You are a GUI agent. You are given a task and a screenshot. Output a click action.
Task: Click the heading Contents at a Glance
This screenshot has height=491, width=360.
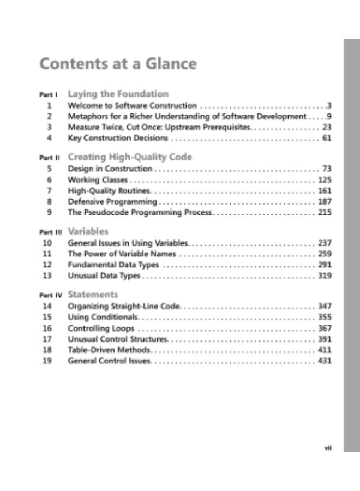coord(118,64)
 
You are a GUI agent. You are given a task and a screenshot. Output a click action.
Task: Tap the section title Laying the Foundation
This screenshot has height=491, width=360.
coord(118,94)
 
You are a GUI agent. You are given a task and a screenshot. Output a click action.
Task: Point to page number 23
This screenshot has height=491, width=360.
coord(327,127)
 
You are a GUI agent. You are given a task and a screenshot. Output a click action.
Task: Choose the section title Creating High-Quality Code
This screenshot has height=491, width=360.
coord(130,157)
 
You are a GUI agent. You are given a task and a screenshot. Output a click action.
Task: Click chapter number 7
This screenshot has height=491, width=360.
coord(49,190)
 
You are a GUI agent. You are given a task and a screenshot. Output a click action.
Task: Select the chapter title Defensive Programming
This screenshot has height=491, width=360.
coord(112,201)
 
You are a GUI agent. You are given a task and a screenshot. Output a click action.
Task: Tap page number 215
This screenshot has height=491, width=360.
coord(325,212)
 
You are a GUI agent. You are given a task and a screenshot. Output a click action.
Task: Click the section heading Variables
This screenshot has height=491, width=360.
coord(88,231)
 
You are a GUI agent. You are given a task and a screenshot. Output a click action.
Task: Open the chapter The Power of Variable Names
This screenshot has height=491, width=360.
coord(122,254)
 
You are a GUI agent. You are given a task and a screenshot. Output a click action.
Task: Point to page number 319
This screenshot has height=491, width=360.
coord(325,276)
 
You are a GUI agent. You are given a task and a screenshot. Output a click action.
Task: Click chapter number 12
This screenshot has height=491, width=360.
coord(47,265)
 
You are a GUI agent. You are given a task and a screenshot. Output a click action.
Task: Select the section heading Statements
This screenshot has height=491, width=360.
coord(93,295)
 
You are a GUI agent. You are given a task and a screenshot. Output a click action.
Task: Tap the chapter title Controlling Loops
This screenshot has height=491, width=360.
coord(101,328)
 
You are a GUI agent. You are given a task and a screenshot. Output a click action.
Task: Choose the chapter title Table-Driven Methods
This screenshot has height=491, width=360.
coord(109,350)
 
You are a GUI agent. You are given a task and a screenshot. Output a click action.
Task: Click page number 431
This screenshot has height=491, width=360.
coord(325,361)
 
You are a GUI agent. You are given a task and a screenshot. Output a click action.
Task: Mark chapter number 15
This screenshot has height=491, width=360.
coord(47,317)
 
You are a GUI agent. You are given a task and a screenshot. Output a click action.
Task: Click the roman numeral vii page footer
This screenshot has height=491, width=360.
coord(328,447)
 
